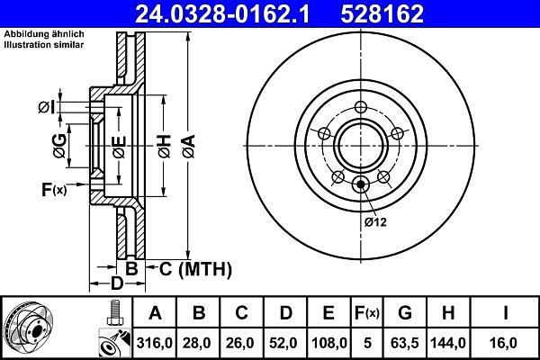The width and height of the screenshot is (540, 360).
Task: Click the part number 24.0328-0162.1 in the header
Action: pos(223,14)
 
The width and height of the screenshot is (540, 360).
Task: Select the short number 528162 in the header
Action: pos(382,14)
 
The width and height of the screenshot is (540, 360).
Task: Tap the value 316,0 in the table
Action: pos(154,343)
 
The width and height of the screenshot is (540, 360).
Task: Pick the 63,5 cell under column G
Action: pos(405,343)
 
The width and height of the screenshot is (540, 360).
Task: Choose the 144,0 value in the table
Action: pos(448,343)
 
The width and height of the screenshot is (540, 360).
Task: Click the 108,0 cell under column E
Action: pos(328,343)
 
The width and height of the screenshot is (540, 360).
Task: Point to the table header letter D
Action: pos(285,313)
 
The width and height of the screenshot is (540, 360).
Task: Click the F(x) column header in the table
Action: pos(367,313)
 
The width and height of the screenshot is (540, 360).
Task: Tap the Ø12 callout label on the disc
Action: pos(375,222)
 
